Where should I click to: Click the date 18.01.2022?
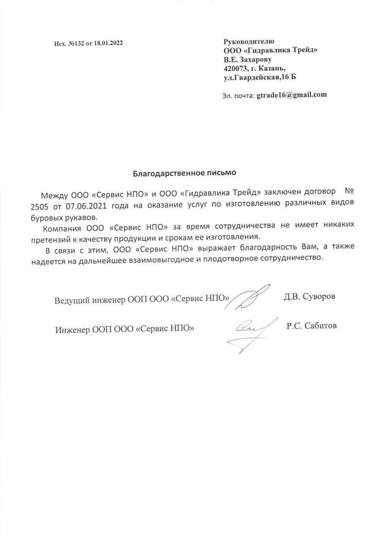tap(108, 43)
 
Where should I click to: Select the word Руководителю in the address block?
tap(249, 42)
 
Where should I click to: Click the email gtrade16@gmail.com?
tap(292, 95)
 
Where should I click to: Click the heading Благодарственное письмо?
tap(184, 173)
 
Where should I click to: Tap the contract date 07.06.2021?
tap(84, 205)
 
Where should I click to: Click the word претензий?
tap(51, 236)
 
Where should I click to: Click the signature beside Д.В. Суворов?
tap(250, 297)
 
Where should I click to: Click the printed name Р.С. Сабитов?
tap(312, 326)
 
